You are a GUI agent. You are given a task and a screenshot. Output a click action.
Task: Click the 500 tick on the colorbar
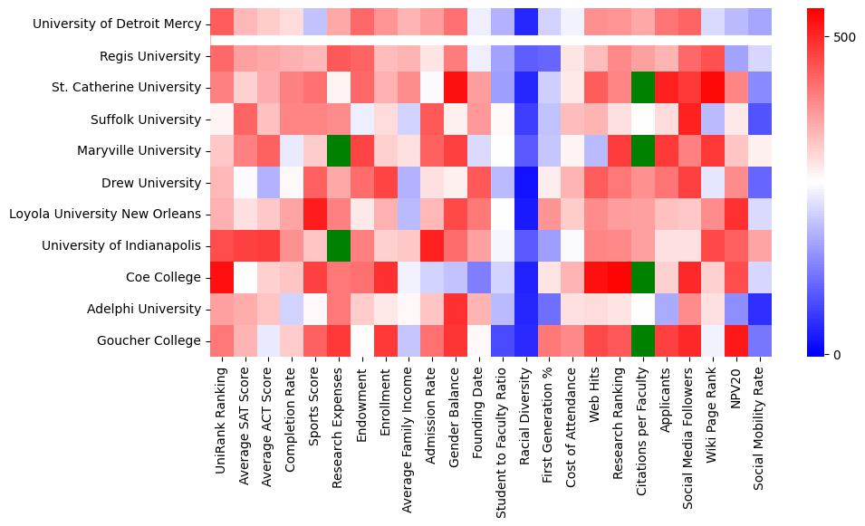844,37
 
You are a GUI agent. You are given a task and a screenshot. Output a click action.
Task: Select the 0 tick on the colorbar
838,354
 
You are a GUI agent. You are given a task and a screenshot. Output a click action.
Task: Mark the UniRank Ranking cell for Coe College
222,277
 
